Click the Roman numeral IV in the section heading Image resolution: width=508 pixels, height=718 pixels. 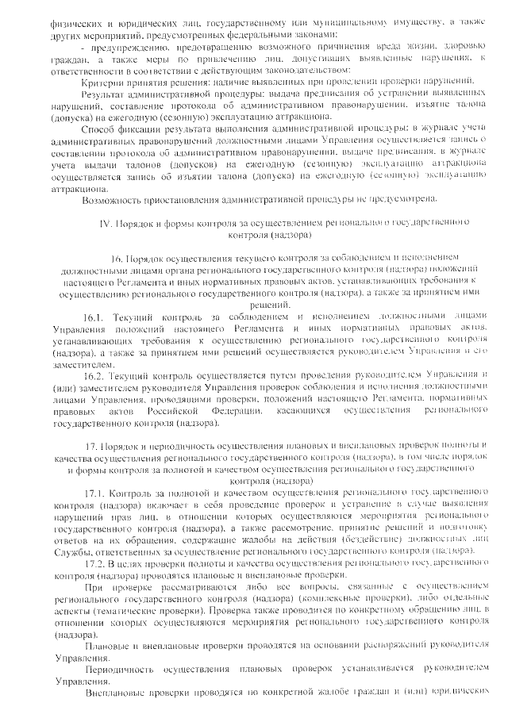point(104,225)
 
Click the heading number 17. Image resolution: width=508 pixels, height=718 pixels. point(90,447)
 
